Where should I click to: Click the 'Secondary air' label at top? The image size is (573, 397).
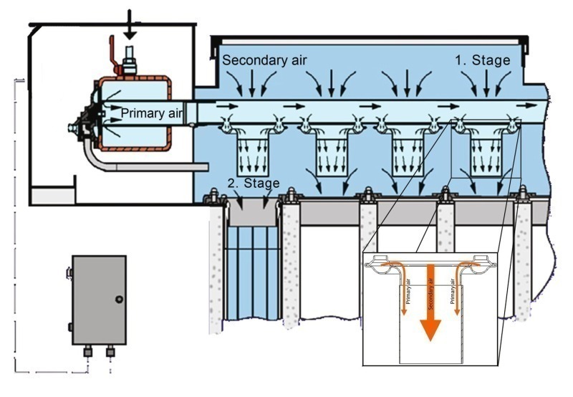coord(264,60)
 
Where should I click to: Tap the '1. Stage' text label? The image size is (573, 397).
coord(483,60)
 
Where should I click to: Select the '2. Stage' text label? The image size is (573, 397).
coord(252,183)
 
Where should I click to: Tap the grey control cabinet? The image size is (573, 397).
coord(98,300)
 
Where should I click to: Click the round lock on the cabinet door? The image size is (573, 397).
coord(119,299)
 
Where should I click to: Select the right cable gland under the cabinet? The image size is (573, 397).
coord(111,352)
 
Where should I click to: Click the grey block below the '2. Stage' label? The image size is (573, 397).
coord(253,214)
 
